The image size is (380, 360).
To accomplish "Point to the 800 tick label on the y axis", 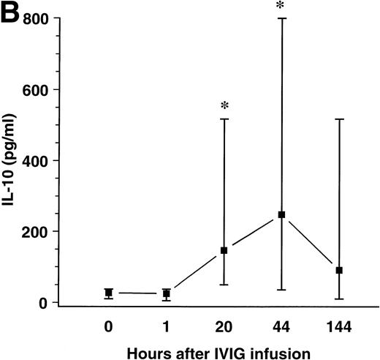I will [37, 20].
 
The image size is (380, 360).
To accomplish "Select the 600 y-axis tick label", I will [37, 90].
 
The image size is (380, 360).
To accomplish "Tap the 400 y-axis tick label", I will [37, 160].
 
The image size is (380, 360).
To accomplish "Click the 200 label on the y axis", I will [37, 231].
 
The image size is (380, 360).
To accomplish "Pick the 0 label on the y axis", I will [46, 302].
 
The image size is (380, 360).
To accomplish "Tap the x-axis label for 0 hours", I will [109, 322].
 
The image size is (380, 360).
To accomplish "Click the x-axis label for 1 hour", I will [167, 322].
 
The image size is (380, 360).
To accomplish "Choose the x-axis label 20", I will [224, 322].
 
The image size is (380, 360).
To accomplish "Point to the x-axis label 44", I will [281, 322].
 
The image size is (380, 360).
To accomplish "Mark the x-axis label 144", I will [339, 322].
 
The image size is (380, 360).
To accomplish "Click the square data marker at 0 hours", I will [109, 293].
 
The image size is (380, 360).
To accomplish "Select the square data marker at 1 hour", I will [167, 293].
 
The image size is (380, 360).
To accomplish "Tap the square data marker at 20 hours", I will [224, 250].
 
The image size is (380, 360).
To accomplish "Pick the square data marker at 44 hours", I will [281, 214].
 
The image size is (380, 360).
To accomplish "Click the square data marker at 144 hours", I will [339, 270].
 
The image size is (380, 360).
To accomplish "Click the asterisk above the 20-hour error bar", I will [224, 105].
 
